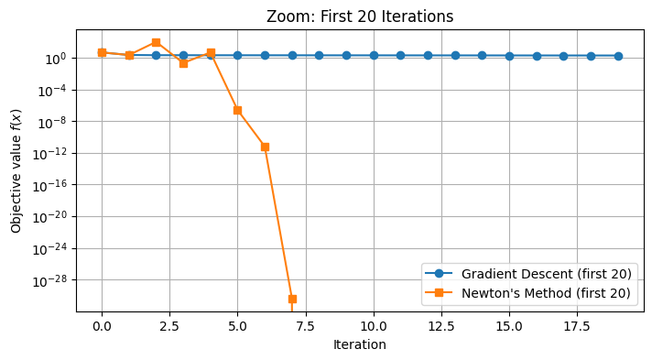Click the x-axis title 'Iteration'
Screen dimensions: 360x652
(x=359, y=345)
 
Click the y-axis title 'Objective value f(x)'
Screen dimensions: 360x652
(x=16, y=169)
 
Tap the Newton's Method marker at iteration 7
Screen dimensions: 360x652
(x=292, y=299)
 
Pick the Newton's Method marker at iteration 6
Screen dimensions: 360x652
(x=265, y=147)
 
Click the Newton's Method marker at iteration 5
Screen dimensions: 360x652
(x=237, y=110)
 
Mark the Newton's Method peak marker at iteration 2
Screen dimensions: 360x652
(x=156, y=42)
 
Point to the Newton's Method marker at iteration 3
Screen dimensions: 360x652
(x=183, y=63)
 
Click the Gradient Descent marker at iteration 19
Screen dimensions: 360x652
(x=618, y=56)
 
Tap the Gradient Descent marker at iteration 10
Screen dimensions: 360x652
(x=374, y=55)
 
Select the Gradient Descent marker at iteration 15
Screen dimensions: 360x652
(x=509, y=56)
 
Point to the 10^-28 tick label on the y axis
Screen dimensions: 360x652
(x=52, y=280)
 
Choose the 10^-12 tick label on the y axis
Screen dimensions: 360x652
(x=52, y=154)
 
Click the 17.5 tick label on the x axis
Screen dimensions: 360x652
(x=563, y=326)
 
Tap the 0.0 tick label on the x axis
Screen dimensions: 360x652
(x=102, y=326)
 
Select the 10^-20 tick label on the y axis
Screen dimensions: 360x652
(x=52, y=217)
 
